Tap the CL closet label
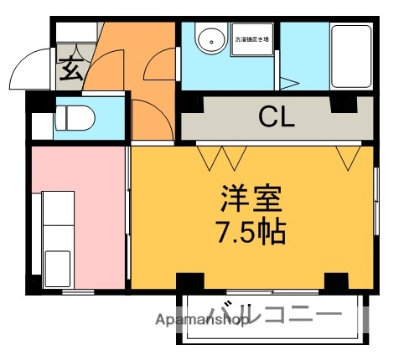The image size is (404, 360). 276,116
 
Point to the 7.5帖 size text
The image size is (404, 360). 251,231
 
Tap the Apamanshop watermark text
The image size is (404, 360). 205,319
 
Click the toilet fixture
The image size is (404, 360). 75,119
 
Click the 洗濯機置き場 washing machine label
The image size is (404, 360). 252,40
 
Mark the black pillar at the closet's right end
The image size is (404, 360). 342,105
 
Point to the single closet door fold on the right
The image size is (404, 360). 346,157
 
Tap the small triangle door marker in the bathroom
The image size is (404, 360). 287,83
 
